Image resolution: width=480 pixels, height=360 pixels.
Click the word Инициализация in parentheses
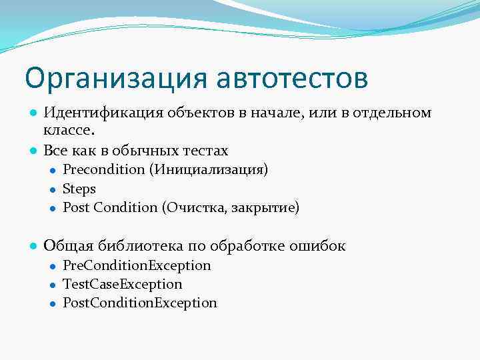(x=209, y=169)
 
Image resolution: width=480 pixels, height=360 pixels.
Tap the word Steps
(x=79, y=189)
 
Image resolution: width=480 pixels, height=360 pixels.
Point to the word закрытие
(x=266, y=208)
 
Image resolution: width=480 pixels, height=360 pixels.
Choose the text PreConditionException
(x=137, y=265)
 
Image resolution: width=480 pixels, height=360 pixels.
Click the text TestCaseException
(x=122, y=284)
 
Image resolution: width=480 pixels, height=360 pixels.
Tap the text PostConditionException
(x=140, y=303)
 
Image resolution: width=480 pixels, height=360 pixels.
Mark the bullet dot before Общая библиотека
(x=32, y=246)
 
